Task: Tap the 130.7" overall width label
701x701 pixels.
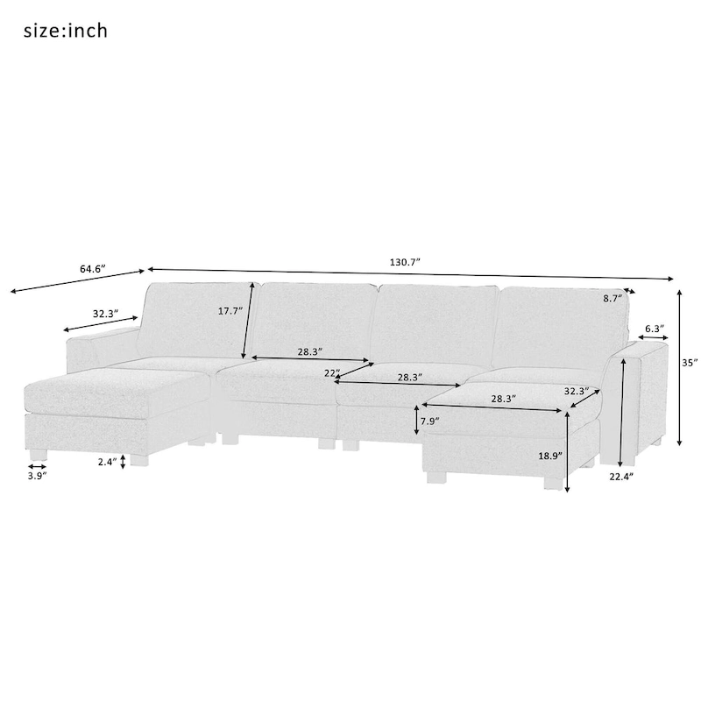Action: (x=405, y=262)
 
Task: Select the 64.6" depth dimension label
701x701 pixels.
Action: (x=92, y=269)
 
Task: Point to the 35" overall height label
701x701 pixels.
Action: (x=690, y=362)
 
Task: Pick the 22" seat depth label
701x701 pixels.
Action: (x=331, y=372)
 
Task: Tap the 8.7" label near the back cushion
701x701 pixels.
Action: (x=612, y=299)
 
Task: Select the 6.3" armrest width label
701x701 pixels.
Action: (x=654, y=329)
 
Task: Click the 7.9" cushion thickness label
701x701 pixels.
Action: (x=429, y=421)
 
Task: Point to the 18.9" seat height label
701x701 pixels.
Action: (x=551, y=457)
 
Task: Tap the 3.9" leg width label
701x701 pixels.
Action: (x=37, y=475)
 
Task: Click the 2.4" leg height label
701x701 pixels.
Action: (x=107, y=461)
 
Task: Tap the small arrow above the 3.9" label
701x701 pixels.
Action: (x=37, y=466)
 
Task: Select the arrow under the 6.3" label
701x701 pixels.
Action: (x=654, y=338)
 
